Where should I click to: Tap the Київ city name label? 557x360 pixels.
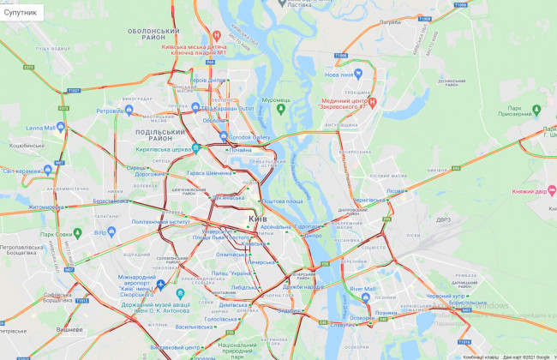pos(258,219)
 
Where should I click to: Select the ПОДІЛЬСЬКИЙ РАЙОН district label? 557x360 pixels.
pos(159,135)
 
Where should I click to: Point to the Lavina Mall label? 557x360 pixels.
pos(39,128)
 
